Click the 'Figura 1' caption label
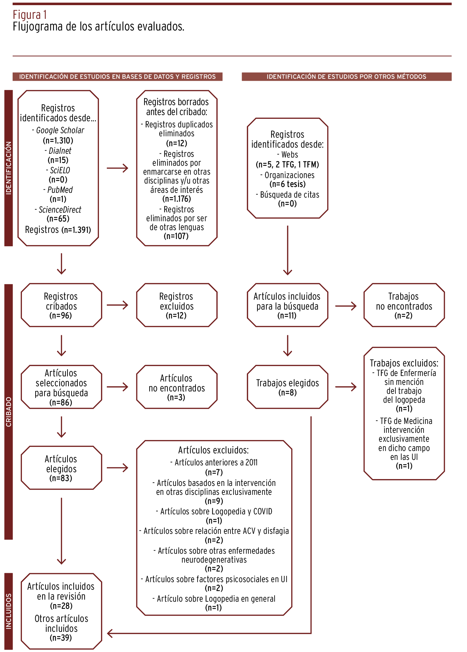click(30, 15)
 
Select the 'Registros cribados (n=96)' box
click(61, 305)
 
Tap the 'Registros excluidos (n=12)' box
click(176, 305)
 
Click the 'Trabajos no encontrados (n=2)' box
click(404, 305)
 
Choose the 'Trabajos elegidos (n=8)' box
click(287, 387)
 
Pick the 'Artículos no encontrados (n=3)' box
click(176, 387)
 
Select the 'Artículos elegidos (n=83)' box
click(61, 468)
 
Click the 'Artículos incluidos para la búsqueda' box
click(287, 305)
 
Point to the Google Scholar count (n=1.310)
click(58, 140)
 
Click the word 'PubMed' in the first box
click(60, 190)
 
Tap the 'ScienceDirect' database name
click(60, 210)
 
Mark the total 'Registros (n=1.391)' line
click(58, 230)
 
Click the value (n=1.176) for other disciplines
click(176, 199)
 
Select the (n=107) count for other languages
click(176, 236)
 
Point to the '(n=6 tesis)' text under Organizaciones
click(288, 184)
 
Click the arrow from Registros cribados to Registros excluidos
click(117, 305)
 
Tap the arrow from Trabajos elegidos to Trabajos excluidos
click(346, 387)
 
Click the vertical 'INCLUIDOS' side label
click(9, 611)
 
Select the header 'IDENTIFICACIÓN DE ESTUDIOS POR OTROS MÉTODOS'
click(346, 77)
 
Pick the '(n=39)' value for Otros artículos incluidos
click(61, 638)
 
